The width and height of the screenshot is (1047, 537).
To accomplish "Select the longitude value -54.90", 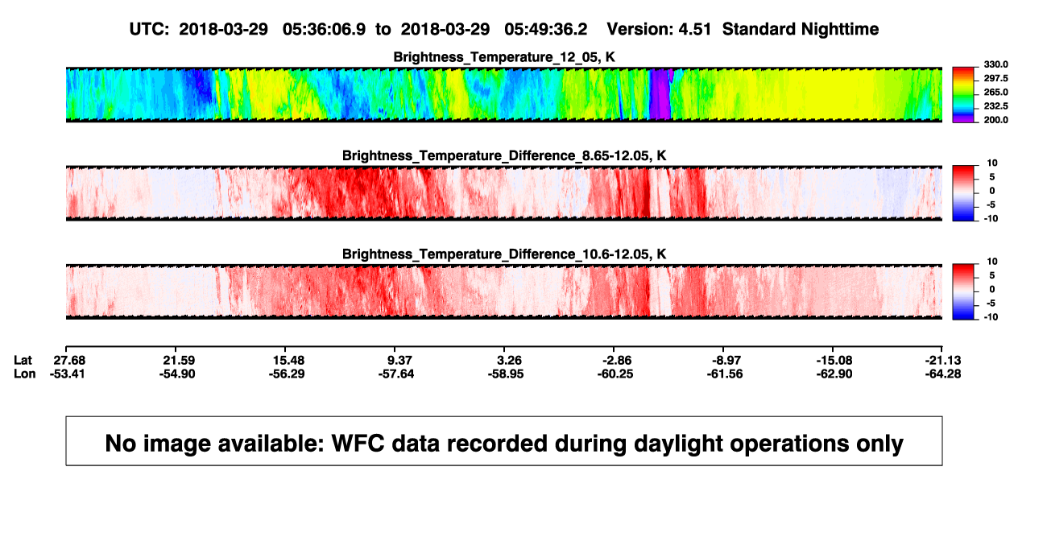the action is tap(177, 374).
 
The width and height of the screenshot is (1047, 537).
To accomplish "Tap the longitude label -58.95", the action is tap(506, 374).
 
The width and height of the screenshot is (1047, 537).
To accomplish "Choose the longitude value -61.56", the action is tap(725, 374).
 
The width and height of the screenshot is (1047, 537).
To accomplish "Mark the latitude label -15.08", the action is tap(834, 361).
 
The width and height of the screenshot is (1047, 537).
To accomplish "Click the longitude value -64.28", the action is tap(943, 374).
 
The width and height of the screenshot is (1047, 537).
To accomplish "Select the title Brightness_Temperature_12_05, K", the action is tap(504, 57).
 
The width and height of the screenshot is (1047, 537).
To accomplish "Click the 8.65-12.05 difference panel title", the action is tap(504, 155).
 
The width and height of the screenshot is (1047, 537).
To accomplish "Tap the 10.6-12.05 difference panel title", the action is tap(504, 254).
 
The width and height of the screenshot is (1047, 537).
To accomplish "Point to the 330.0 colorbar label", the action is tap(995, 64).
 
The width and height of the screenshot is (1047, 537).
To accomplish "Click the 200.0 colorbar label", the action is tap(995, 120).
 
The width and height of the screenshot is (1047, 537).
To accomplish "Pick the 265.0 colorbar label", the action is tap(995, 92).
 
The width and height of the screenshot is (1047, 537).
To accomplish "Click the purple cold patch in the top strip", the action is tap(660, 94).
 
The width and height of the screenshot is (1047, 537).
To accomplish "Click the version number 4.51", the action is tap(695, 30).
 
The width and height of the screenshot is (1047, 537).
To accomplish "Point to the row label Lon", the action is tap(25, 374).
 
